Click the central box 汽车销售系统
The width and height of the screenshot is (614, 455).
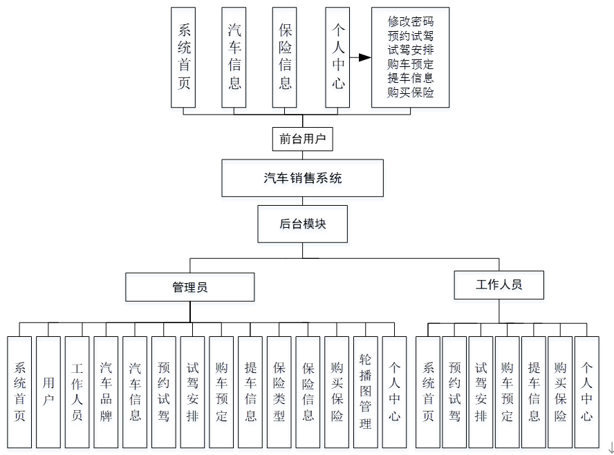(x=302, y=178)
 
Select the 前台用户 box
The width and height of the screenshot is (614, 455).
(x=302, y=139)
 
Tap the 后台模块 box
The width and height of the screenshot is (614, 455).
(x=302, y=224)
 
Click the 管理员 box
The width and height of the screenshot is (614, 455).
(x=189, y=287)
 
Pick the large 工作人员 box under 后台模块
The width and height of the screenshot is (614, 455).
(x=499, y=284)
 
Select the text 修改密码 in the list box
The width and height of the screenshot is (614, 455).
(x=411, y=21)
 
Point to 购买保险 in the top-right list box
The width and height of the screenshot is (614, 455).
(x=411, y=93)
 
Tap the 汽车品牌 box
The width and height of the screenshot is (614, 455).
(x=106, y=391)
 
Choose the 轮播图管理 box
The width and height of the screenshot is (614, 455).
(x=366, y=391)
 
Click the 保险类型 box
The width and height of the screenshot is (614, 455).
(x=279, y=391)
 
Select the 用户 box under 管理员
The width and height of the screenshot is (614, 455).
(x=48, y=391)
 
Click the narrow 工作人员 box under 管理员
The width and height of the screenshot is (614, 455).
(x=77, y=391)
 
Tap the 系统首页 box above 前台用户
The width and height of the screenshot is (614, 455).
(x=184, y=57)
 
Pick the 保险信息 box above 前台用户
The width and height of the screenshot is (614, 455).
(x=284, y=57)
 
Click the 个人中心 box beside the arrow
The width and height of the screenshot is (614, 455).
(x=337, y=57)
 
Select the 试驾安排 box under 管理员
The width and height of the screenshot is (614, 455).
(x=192, y=391)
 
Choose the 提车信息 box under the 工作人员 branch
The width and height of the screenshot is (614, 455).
(x=533, y=391)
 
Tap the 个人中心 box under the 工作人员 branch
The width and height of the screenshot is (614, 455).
(x=586, y=391)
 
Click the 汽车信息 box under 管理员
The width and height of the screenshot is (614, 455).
(x=135, y=391)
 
